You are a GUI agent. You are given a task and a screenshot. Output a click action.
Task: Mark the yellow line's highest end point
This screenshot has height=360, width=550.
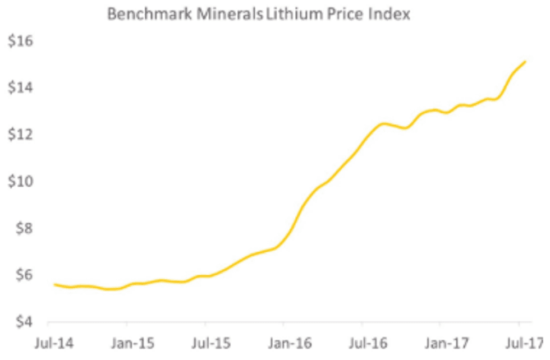coord(525,62)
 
